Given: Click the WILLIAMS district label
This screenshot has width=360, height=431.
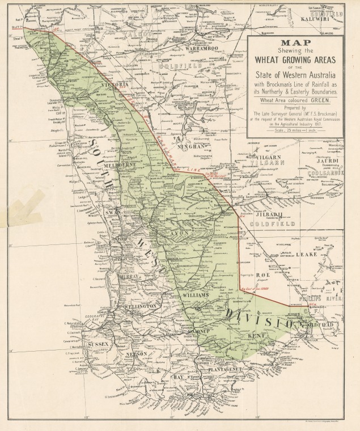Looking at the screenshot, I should coord(193,295).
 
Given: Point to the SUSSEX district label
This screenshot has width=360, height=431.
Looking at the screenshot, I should coord(98,344).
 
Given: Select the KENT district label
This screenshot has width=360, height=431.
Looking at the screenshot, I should coord(256,336).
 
